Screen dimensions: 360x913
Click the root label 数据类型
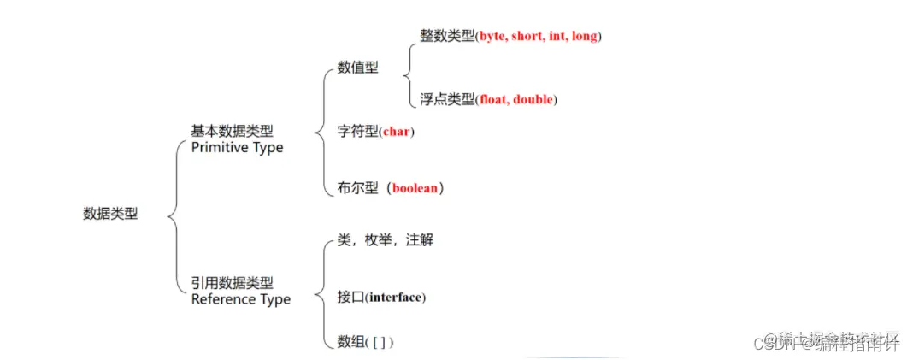pyautogui.click(x=110, y=214)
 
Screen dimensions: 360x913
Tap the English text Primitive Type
pyautogui.click(x=237, y=147)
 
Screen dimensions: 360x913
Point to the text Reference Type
pyautogui.click(x=241, y=299)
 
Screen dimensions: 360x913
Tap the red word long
pyautogui.click(x=587, y=37)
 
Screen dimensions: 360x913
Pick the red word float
pyautogui.click(x=493, y=100)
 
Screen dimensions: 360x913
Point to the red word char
pyautogui.click(x=396, y=132)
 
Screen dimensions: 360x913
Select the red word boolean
pyautogui.click(x=416, y=188)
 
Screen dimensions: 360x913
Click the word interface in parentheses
pyautogui.click(x=396, y=298)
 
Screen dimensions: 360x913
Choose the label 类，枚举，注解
pyautogui.click(x=386, y=241)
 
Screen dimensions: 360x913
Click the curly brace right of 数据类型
pyautogui.click(x=174, y=214)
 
